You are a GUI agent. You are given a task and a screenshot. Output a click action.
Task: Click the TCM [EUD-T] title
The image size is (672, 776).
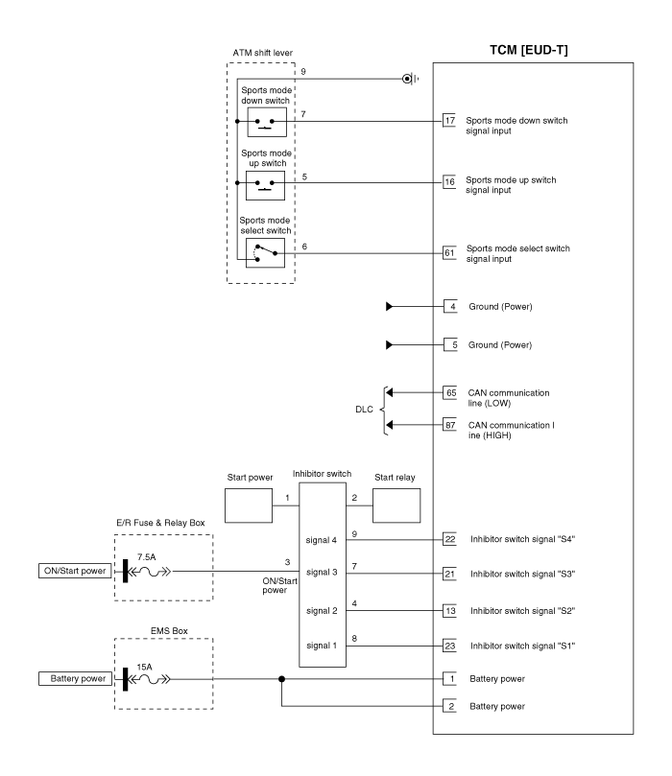pyautogui.click(x=528, y=50)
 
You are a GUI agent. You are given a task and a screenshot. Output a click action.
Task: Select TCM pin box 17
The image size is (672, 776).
pyautogui.click(x=449, y=120)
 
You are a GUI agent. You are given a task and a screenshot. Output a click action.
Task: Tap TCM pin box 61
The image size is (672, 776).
pyautogui.click(x=449, y=253)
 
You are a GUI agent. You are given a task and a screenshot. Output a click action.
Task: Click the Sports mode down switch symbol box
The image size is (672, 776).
pyautogui.click(x=267, y=122)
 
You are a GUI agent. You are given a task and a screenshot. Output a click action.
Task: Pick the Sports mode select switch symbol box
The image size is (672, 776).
pyautogui.click(x=265, y=253)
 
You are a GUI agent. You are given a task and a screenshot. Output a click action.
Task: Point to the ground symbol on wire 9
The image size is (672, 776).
pyautogui.click(x=410, y=79)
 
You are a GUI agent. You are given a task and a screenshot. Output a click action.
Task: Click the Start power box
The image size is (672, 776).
pyautogui.click(x=249, y=506)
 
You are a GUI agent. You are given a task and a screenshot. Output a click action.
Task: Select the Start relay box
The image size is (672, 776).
pyautogui.click(x=396, y=506)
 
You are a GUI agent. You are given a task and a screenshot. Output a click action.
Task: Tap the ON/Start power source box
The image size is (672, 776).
pyautogui.click(x=75, y=571)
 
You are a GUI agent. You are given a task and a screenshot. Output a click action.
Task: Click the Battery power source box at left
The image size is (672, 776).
pyautogui.click(x=75, y=678)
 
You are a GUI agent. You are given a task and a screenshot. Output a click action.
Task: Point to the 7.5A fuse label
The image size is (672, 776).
pyautogui.click(x=147, y=557)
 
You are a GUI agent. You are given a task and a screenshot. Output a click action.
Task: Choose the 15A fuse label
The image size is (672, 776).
pyautogui.click(x=144, y=667)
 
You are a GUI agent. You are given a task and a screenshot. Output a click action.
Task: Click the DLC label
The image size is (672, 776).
pyautogui.click(x=364, y=410)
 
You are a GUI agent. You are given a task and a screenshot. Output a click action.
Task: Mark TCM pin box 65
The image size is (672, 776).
pyautogui.click(x=449, y=393)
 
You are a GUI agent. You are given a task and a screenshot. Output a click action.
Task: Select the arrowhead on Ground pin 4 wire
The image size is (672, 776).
pyautogui.click(x=389, y=306)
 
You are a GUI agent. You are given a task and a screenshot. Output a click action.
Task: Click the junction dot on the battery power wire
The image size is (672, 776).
pyautogui.click(x=282, y=679)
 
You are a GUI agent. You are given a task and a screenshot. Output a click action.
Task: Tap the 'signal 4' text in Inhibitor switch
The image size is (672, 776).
pyautogui.click(x=322, y=540)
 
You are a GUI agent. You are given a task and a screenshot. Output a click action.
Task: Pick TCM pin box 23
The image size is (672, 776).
pyautogui.click(x=449, y=646)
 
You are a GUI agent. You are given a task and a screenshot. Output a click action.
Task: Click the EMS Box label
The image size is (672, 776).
pyautogui.click(x=169, y=631)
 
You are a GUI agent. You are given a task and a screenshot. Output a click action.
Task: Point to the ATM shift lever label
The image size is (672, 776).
pyautogui.click(x=262, y=53)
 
